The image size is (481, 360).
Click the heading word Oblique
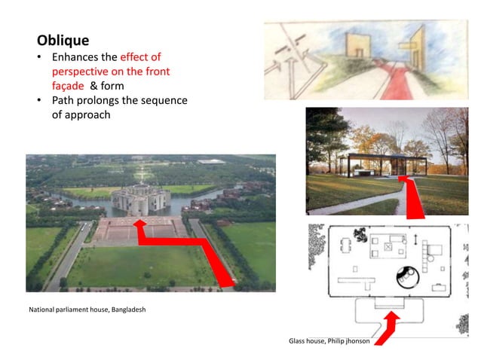(x=63, y=40)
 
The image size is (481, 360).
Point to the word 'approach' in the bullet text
(x=87, y=114)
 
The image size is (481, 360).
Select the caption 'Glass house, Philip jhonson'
(x=329, y=341)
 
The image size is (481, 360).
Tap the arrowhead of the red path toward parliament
(x=139, y=224)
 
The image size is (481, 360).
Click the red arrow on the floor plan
(x=389, y=326)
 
